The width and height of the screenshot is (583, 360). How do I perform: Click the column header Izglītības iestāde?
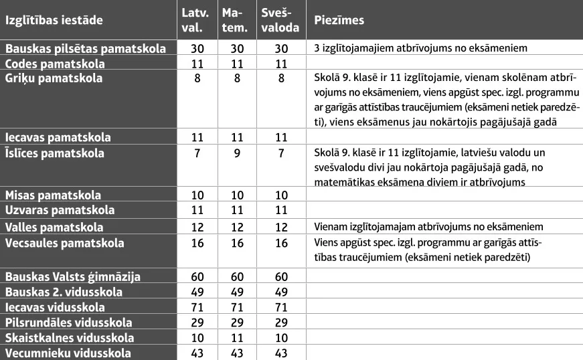tap(54, 20)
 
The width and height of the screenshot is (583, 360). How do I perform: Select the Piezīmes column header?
tap(339, 20)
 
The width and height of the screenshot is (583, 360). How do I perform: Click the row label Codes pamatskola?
tap(56, 64)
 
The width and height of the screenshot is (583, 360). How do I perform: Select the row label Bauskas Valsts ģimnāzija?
tap(74, 276)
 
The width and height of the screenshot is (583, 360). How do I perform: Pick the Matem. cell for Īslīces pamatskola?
tap(238, 153)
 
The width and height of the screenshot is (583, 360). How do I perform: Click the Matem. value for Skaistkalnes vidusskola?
tap(238, 338)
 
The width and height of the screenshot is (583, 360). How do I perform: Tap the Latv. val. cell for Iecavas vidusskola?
tap(197, 307)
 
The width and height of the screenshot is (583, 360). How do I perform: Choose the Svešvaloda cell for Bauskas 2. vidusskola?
tap(281, 292)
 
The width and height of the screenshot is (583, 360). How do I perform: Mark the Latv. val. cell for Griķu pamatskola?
tap(197, 78)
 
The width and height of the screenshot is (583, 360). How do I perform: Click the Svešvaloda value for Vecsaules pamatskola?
tap(281, 244)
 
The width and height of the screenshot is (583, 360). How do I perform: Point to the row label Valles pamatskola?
tap(55, 227)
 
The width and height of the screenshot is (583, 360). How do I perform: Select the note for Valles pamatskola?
tap(428, 227)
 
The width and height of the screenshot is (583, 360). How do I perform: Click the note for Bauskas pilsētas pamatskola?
tap(421, 48)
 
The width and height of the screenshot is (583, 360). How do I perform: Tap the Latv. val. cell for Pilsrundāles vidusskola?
tap(197, 323)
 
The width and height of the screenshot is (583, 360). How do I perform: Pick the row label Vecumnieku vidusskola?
tap(68, 353)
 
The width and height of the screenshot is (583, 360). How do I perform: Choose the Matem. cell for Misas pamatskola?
tap(238, 195)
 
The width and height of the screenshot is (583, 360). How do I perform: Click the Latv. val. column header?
tap(195, 20)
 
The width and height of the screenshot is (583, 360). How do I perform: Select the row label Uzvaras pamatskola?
tap(60, 210)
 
